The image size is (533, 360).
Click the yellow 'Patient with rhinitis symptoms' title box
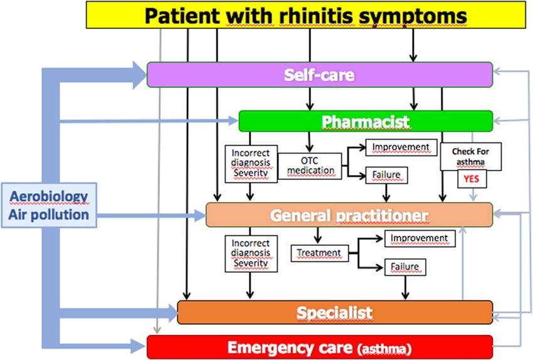point(306,14)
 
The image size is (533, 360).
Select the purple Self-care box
point(320,75)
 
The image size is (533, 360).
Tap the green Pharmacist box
point(366,121)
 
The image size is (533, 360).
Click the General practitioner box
point(349,215)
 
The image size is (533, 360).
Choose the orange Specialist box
point(335,312)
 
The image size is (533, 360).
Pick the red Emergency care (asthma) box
point(320,347)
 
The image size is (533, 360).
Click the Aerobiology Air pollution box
point(49,205)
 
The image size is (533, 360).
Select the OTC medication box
point(310,166)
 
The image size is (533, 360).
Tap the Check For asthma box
point(471,156)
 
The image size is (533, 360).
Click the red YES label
point(472,179)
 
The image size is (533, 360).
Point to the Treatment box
point(320,253)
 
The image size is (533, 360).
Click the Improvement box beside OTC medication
point(401,147)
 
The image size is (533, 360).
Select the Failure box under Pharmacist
point(386,175)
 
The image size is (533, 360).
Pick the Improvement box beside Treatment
point(420,238)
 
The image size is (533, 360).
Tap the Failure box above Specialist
point(405,267)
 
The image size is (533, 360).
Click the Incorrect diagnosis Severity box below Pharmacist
point(251,164)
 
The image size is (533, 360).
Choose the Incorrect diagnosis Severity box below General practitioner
point(251,253)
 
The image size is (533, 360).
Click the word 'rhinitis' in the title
point(316,16)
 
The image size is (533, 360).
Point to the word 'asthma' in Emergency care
point(384,349)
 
